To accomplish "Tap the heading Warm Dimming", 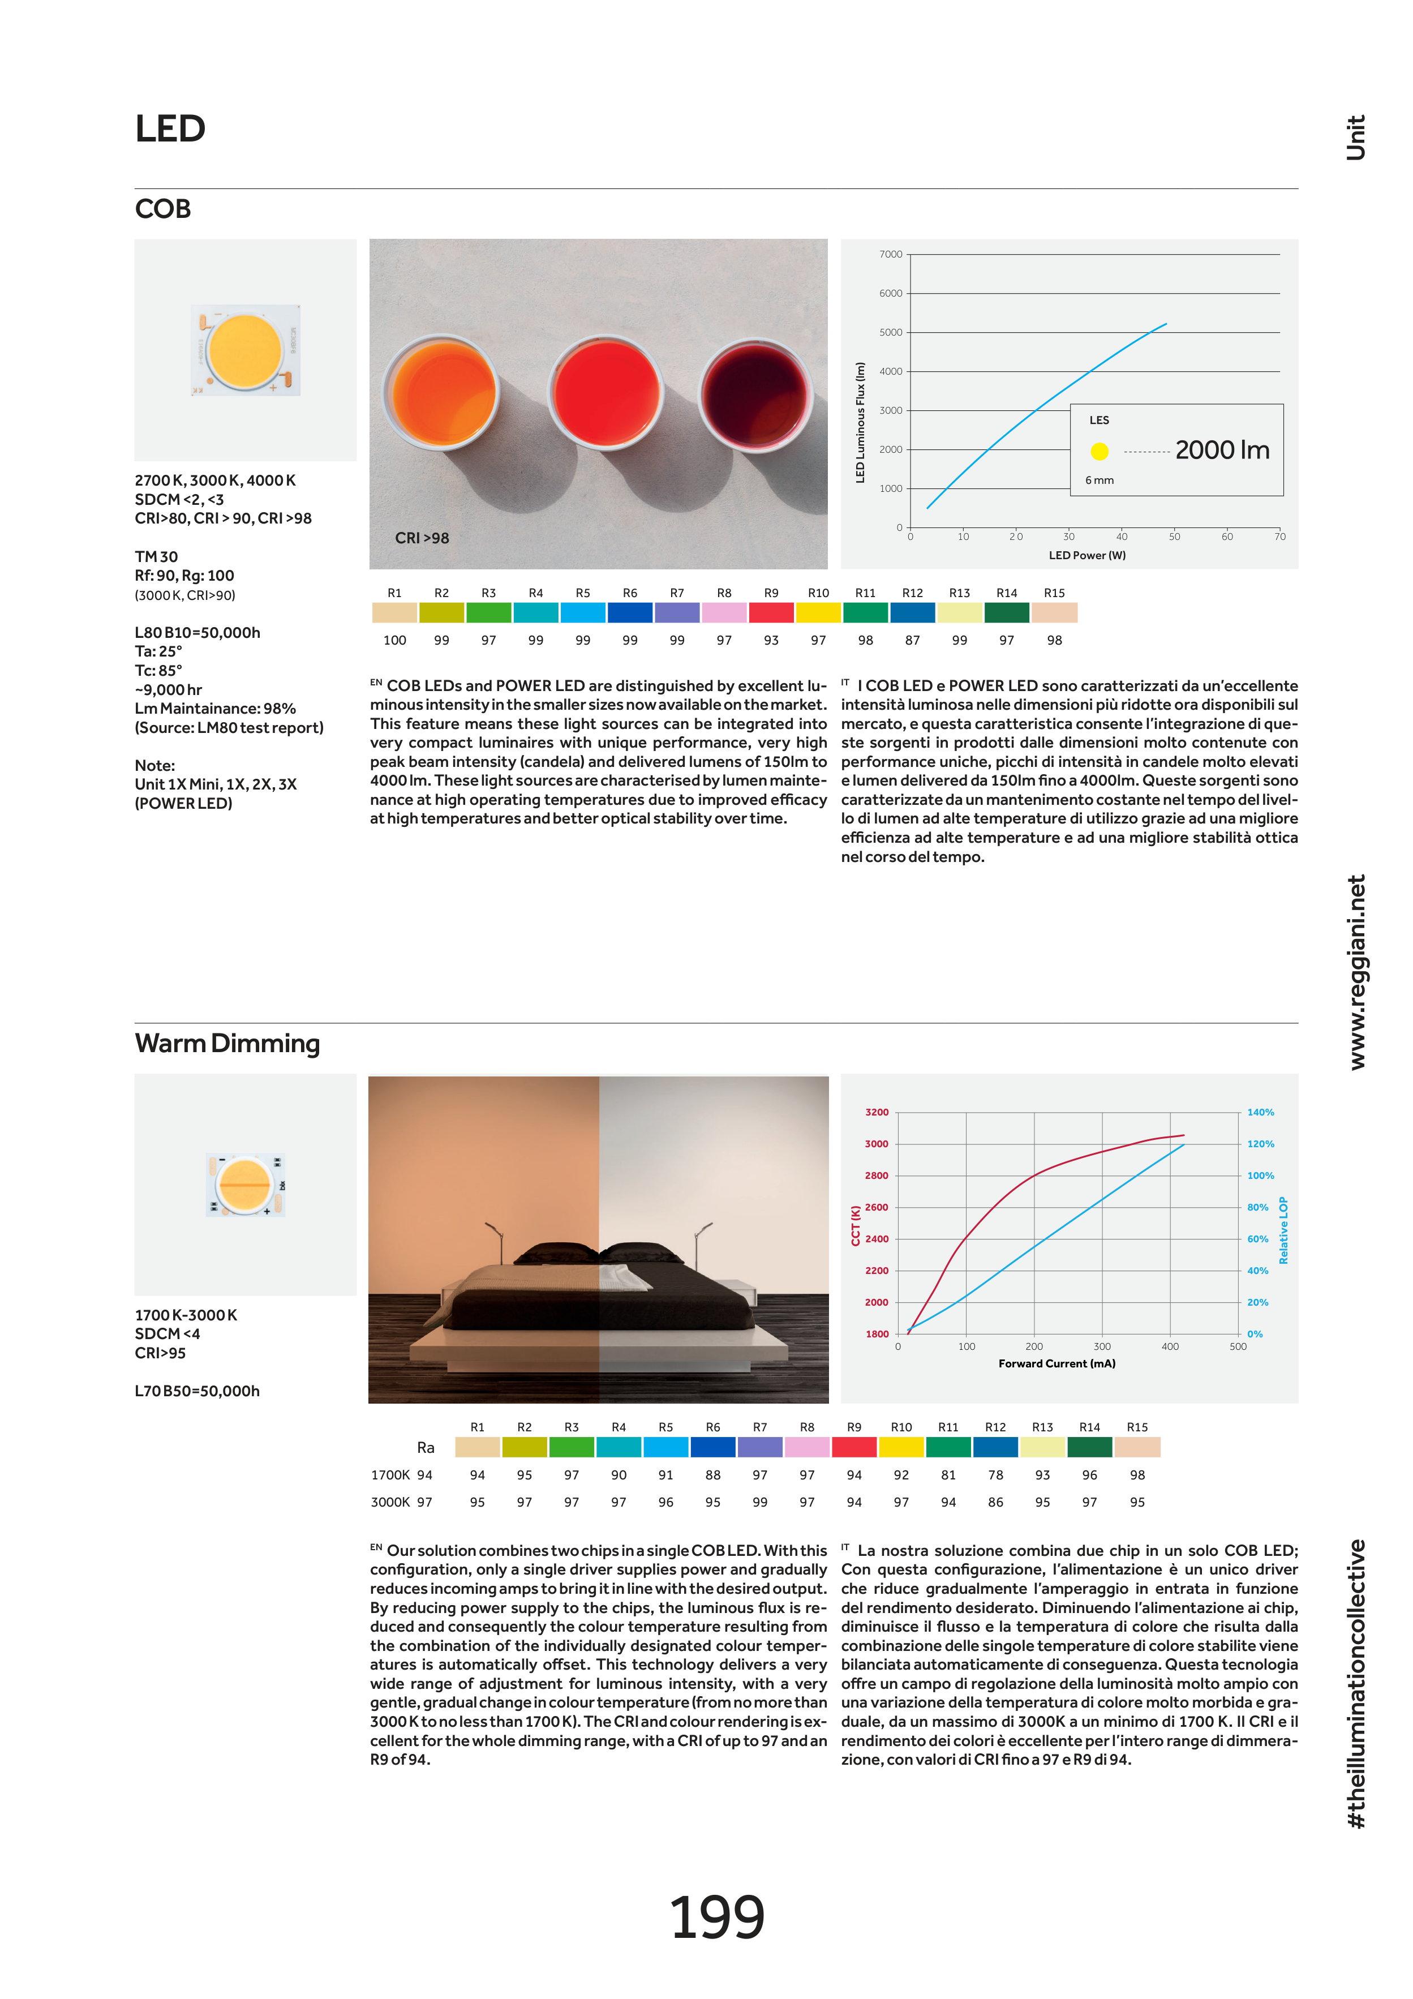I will [227, 1043].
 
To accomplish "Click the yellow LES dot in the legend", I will [1100, 451].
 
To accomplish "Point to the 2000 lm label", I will [1222, 450].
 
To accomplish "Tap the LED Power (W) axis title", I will [1086, 555].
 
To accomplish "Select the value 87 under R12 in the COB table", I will [912, 640].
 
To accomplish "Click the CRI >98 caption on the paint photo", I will [422, 538].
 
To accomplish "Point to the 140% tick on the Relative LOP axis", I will [1260, 1113].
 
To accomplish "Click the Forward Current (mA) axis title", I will [1056, 1363].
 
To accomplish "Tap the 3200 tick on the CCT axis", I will [876, 1113].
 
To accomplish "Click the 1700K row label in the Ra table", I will [390, 1475].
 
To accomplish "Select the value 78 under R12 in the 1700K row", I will [995, 1475].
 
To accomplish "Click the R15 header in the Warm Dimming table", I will [1137, 1427].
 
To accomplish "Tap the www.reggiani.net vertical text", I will [1356, 972].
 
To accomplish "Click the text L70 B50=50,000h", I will [197, 1391].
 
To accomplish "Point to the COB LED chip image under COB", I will [246, 350].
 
